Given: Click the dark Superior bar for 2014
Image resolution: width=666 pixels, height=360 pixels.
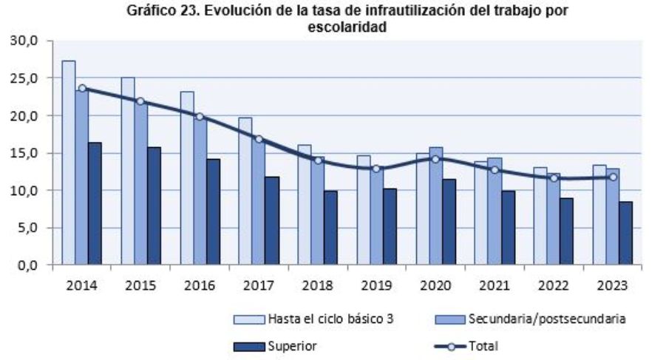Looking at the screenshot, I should tap(95, 203).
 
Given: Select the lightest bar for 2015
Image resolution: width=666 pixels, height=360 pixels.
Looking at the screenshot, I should tap(128, 171).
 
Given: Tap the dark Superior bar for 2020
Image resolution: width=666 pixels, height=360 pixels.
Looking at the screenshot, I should tap(449, 222).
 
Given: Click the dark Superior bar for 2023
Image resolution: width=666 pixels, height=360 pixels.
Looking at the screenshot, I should tap(625, 233).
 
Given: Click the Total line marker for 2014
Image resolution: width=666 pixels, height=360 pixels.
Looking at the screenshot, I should tap(81, 88).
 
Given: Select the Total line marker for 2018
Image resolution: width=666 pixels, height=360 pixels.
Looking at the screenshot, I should tap(318, 160).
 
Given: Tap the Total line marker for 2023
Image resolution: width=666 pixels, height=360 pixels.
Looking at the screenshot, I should tap(613, 177).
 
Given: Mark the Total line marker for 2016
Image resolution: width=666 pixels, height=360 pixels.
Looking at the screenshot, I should tap(200, 117).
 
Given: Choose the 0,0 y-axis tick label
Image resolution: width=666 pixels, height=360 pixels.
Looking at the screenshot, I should tap(27, 265).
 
